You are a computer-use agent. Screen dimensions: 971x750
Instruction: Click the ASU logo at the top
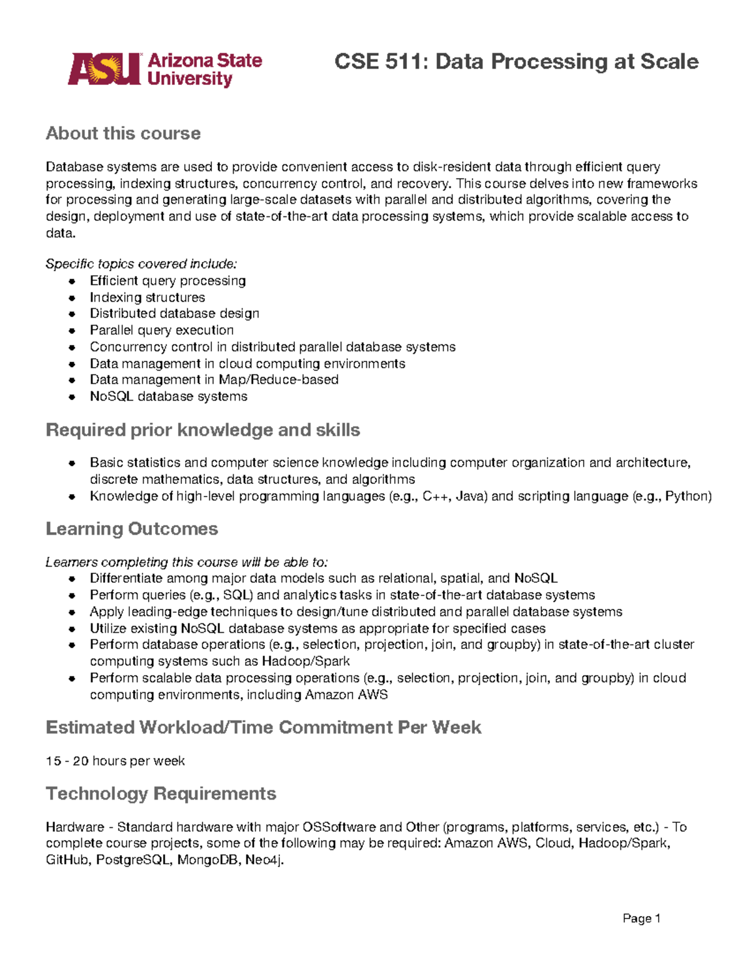165,69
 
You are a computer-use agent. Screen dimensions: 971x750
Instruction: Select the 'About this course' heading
123,133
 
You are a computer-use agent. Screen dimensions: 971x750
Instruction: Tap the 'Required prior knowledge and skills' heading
202,430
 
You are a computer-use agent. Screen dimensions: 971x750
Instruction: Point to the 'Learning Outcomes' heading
132,529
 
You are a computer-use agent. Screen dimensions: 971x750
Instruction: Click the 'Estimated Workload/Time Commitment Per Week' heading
263,727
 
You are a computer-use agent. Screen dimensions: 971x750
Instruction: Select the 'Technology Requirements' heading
161,793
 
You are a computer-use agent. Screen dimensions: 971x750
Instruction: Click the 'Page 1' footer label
641,918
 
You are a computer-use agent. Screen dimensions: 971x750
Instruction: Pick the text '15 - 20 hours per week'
115,761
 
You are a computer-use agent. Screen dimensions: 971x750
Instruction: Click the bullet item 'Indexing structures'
147,298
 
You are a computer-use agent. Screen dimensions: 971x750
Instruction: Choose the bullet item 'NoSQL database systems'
168,396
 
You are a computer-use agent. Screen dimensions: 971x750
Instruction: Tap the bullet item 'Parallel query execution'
161,330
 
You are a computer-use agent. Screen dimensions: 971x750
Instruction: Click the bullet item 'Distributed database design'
174,313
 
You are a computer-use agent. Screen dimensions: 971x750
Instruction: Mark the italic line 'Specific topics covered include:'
141,264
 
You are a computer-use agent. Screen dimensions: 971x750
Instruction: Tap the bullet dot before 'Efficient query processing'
72,281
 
